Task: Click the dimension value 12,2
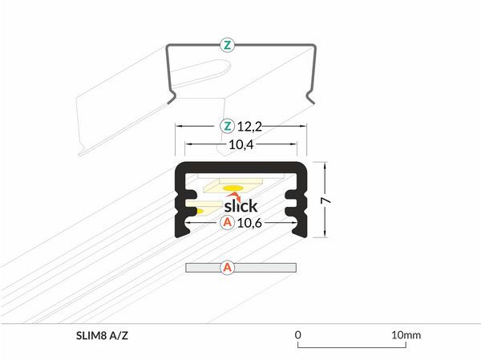[249, 127]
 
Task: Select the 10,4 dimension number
[241, 144]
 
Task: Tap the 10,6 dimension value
[249, 223]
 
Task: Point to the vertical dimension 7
[325, 200]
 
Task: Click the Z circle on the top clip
[228, 46]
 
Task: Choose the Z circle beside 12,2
[228, 126]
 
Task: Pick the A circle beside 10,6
[228, 222]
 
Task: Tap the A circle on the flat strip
[228, 268]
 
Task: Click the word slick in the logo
[240, 205]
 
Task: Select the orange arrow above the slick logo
[234, 196]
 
